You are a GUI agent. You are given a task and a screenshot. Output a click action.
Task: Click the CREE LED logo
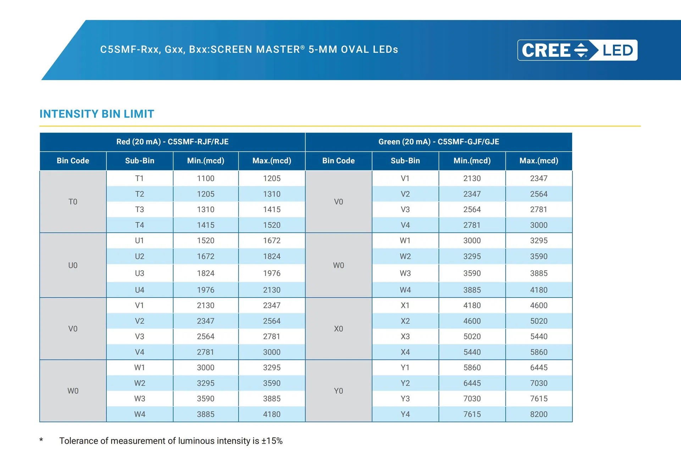(x=577, y=50)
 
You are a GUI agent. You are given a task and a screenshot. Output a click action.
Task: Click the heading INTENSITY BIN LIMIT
(x=97, y=114)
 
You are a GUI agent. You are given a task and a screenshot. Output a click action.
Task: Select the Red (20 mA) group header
(x=172, y=142)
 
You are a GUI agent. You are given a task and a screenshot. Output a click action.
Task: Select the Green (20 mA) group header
(x=438, y=142)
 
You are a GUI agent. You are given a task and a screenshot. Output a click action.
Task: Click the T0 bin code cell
(x=73, y=202)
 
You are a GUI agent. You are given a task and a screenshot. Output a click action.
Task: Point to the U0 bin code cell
(x=73, y=265)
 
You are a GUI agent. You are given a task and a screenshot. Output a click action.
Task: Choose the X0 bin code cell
(x=338, y=329)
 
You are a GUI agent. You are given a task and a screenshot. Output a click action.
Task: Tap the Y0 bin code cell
(x=338, y=391)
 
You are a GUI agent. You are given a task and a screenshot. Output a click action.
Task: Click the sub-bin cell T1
(x=139, y=178)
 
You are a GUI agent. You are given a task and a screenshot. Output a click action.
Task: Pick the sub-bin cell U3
(x=139, y=273)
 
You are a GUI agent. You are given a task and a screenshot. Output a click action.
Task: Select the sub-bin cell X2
(x=405, y=321)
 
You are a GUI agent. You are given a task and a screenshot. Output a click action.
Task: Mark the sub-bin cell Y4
(x=405, y=414)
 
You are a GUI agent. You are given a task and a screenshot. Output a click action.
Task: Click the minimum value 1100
(x=206, y=178)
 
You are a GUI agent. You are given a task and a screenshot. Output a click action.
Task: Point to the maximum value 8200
(x=538, y=414)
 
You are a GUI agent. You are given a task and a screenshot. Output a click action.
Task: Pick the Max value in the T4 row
(x=272, y=225)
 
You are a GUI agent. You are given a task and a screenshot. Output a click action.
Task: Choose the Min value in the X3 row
(x=472, y=336)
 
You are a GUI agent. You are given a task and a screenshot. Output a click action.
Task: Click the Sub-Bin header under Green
(x=405, y=161)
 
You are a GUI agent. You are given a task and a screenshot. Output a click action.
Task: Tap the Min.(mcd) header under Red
(x=206, y=161)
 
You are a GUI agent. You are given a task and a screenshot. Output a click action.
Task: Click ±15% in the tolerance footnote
(x=272, y=441)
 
